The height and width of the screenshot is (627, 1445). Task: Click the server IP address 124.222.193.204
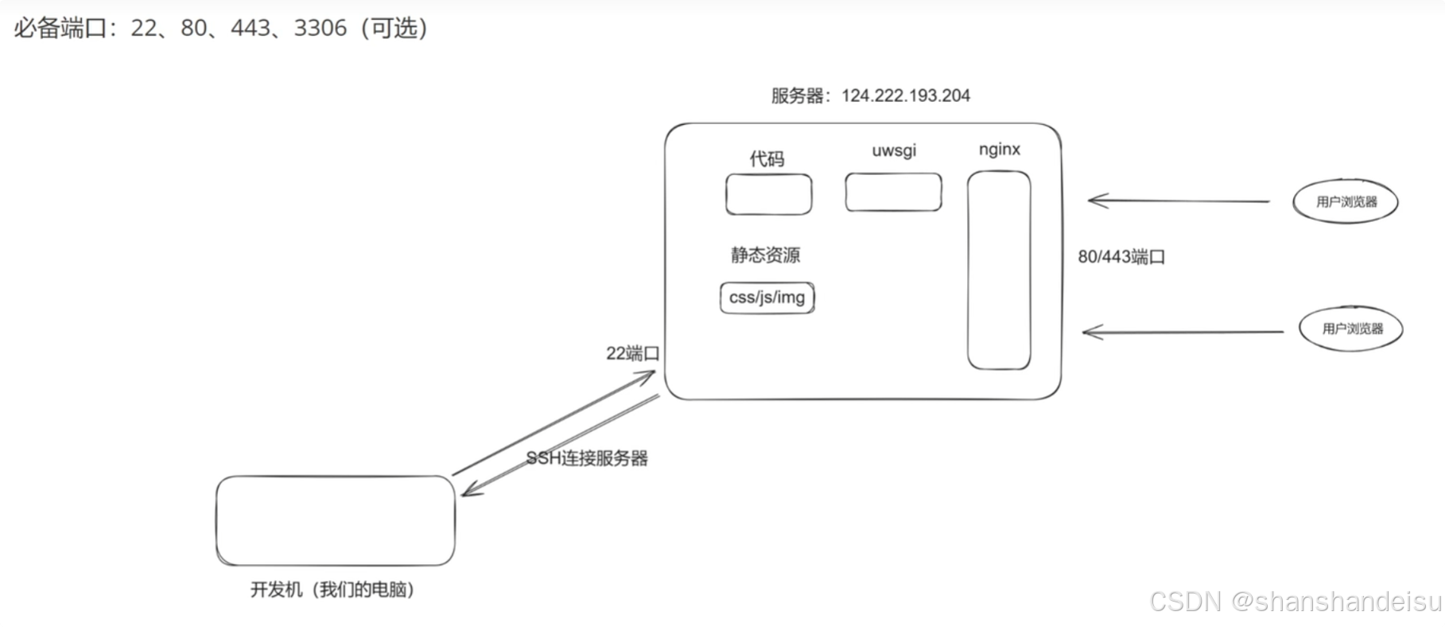905,95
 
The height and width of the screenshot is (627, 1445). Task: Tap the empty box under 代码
768,194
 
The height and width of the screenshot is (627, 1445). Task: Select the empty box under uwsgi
893,192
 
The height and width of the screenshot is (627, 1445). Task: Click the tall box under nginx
999,271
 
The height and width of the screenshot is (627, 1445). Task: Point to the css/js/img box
767,298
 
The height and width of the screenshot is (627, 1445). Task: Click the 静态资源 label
765,255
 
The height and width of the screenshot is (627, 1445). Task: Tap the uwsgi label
894,150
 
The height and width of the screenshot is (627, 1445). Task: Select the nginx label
999,150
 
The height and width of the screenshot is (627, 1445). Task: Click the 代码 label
767,159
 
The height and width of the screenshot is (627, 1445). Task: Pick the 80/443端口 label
1121,257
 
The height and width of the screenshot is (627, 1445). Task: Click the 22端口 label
633,353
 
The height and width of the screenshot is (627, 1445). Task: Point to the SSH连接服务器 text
587,458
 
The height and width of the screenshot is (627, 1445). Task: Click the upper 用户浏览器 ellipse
1346,201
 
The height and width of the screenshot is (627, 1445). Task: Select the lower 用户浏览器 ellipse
1351,329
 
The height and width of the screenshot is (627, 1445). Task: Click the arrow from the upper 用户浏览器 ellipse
1177,201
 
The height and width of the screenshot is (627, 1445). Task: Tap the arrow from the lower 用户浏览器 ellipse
1182,332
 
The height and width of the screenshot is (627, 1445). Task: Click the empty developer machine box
336,520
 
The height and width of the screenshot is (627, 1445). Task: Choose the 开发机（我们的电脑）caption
332,590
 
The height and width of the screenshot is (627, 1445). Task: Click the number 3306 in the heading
320,29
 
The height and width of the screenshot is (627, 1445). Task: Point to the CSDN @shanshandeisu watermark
1295,602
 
